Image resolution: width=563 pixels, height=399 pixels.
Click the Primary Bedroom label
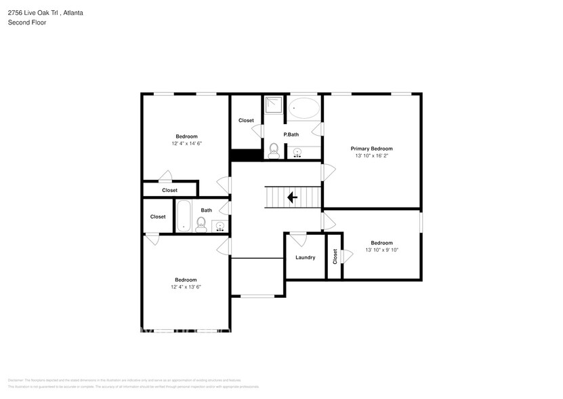point(371,149)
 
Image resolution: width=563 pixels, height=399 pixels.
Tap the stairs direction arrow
point(292,197)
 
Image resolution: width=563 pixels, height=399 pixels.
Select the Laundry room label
point(305,257)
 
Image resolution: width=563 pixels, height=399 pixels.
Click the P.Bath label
point(291,134)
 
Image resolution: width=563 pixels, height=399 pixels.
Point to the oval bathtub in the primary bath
point(304,109)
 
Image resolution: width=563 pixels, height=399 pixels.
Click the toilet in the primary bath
point(274,150)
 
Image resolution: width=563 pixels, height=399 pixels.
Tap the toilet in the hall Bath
point(201,225)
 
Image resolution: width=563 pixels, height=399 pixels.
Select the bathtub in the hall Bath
point(183,216)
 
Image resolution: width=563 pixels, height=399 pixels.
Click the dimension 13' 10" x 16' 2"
point(371,156)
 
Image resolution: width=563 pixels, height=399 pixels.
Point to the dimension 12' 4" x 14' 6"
point(187,144)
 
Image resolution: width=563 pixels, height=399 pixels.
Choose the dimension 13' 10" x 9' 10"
point(381,250)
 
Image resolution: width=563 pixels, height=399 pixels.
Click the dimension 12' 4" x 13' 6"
point(186,287)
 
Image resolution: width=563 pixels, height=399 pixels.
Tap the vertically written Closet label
point(335,256)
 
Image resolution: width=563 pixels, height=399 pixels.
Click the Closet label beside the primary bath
point(246,121)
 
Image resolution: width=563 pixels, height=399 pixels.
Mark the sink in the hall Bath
point(221,227)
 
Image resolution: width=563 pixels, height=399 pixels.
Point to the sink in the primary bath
point(297,153)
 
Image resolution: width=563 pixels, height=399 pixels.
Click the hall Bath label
point(206,210)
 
